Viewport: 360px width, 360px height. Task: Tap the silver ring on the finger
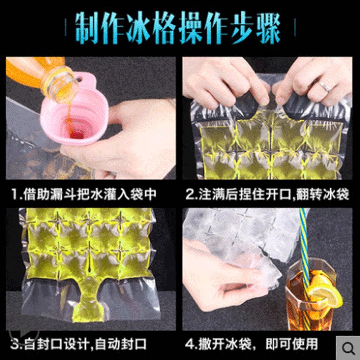[324, 86]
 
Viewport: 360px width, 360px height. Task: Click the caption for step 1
[84, 194]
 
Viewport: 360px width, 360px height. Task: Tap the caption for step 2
[267, 194]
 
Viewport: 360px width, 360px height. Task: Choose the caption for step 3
[78, 344]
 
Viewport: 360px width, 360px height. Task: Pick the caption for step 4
[252, 344]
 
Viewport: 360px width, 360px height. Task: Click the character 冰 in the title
[138, 27]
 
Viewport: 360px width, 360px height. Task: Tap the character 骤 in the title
[268, 27]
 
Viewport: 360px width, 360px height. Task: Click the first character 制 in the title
[87, 27]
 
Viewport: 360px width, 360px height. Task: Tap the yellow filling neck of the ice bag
[88, 303]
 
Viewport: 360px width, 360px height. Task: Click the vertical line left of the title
[66, 27]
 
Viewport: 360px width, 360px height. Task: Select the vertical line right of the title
[295, 27]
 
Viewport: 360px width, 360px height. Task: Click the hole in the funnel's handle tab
[80, 80]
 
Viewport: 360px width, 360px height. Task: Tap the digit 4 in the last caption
[189, 344]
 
